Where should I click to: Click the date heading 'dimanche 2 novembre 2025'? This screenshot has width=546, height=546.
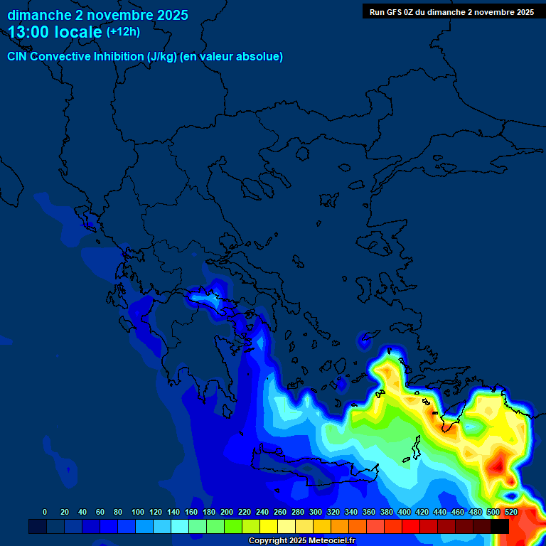[97, 15]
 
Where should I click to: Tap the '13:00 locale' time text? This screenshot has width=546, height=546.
[56, 32]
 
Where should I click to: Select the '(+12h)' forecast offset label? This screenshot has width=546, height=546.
[123, 32]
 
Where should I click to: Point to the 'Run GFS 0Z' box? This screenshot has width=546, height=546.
[451, 11]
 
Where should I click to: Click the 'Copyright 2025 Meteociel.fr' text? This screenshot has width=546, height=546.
[301, 540]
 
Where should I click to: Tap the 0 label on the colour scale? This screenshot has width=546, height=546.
[45, 512]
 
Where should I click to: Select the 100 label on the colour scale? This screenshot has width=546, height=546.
[137, 512]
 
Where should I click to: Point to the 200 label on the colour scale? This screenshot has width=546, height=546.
[227, 512]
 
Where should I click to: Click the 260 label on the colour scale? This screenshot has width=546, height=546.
[280, 512]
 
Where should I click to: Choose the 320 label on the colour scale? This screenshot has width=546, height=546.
[333, 512]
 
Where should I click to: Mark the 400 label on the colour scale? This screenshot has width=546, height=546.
[405, 512]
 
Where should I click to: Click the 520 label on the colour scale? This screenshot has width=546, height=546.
[510, 512]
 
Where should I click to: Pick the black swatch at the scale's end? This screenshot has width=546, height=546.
[500, 527]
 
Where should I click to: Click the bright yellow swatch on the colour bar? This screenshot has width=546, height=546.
[269, 527]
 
